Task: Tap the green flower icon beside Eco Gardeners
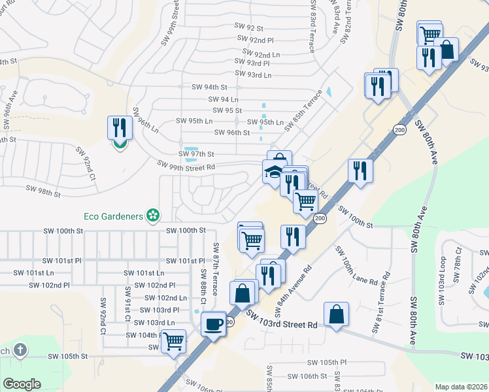click(153, 214)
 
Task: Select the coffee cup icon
click(212, 323)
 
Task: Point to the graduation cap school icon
click(273, 172)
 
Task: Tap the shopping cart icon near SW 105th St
click(173, 341)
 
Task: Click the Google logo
click(22, 384)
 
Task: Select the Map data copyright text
click(462, 387)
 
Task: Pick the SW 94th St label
click(209, 87)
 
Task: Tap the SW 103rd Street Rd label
click(282, 319)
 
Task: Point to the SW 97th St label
click(196, 154)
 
